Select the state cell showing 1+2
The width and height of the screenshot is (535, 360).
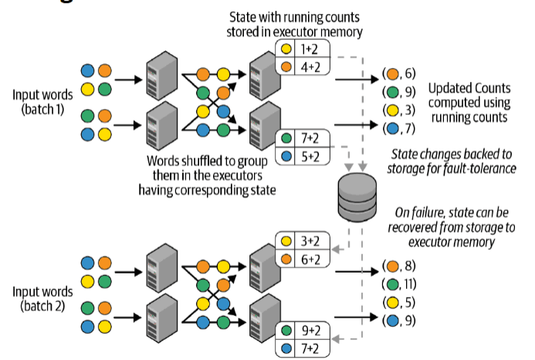(x=309, y=48)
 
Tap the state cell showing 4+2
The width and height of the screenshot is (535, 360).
(x=309, y=66)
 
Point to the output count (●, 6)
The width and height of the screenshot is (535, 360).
(x=399, y=74)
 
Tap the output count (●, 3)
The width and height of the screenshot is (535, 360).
(x=399, y=109)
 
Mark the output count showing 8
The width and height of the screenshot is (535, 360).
(x=399, y=267)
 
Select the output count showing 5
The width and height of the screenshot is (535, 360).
(x=399, y=301)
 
